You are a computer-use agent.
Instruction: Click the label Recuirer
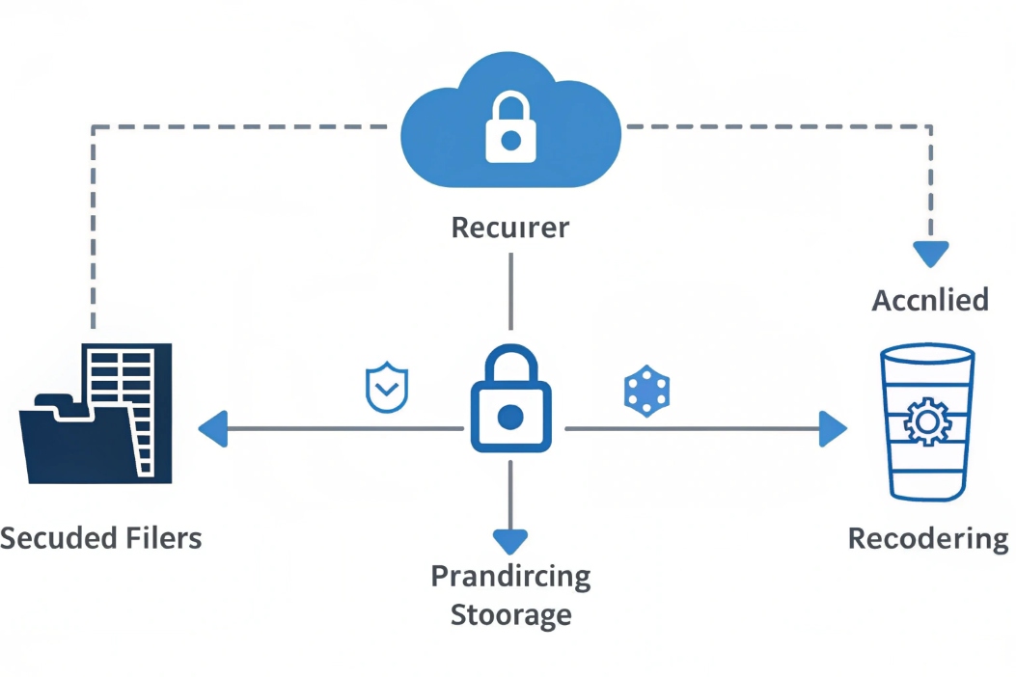[x=510, y=229]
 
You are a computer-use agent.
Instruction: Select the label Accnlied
[x=930, y=300]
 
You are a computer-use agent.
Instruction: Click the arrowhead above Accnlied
[x=931, y=254]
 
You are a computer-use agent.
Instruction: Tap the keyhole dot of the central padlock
[x=510, y=417]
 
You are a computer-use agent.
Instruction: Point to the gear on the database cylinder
[x=928, y=420]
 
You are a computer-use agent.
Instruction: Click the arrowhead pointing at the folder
[x=213, y=428]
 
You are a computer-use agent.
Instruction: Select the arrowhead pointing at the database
[x=832, y=428]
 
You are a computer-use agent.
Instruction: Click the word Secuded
[x=60, y=537]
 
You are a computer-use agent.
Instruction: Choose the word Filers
[x=165, y=537]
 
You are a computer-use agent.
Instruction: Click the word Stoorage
[x=510, y=614]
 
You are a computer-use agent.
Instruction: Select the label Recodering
[x=927, y=538]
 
